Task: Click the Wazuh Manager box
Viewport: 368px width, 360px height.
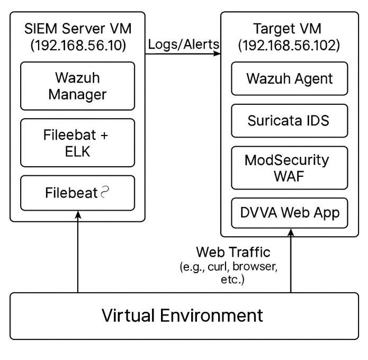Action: tap(77, 86)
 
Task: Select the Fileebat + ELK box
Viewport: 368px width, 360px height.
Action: tap(77, 143)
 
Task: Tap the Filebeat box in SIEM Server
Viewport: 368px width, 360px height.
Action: tap(77, 193)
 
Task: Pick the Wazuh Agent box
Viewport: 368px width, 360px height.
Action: tap(289, 79)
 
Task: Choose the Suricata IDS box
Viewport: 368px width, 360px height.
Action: tap(289, 121)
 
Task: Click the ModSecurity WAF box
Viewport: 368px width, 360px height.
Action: tap(289, 167)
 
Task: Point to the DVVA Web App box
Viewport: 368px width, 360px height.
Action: tap(289, 213)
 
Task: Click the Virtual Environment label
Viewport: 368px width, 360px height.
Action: tap(182, 316)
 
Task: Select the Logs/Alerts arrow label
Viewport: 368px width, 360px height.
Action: tap(183, 44)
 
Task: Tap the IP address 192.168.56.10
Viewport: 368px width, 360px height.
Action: tap(78, 46)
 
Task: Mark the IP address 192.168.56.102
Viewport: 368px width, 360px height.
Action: tap(289, 46)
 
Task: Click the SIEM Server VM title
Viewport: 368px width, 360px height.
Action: tap(78, 29)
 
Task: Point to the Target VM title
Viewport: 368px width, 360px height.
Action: tap(289, 29)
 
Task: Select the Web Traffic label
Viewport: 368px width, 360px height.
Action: tap(233, 252)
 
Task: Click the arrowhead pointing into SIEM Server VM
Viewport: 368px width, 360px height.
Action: tap(78, 215)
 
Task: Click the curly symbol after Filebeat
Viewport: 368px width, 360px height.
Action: tap(106, 193)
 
